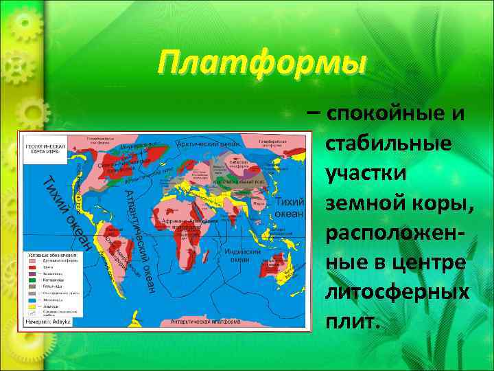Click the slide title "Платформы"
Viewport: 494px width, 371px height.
261,64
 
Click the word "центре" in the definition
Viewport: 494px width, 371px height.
432,262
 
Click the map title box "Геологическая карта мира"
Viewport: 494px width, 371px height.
45,149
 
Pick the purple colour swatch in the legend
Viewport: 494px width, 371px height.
32,279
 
